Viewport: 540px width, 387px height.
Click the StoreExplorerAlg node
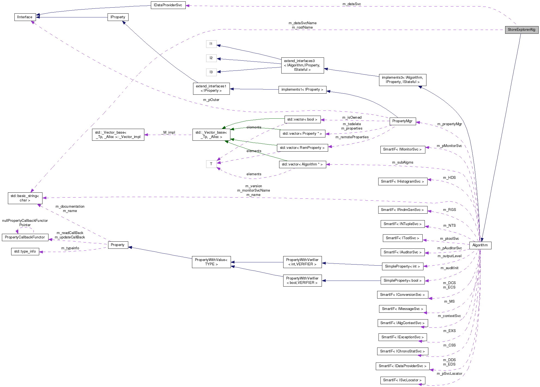coord(521,30)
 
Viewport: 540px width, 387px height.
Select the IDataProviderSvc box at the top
coord(168,5)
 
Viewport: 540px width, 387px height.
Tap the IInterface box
coord(25,17)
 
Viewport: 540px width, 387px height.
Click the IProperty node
coord(118,17)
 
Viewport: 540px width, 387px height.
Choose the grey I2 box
coord(211,58)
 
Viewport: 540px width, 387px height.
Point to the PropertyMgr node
coord(402,121)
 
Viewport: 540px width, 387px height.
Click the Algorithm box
coord(480,245)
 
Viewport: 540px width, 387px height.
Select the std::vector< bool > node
coord(302,119)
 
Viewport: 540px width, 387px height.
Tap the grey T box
coord(211,164)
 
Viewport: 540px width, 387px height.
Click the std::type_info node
coord(25,251)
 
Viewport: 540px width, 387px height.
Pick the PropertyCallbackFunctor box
coord(25,237)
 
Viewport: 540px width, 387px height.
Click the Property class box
coord(118,245)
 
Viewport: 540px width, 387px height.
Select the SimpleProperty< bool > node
coord(402,281)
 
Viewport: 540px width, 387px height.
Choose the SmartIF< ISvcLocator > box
coord(402,380)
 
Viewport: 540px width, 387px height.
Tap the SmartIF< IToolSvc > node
coord(402,238)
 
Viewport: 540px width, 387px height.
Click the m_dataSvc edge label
coord(352,4)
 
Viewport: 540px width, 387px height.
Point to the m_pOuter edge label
coord(211,100)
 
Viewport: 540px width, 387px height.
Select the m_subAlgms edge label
coord(402,162)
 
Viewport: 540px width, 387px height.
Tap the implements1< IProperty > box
coord(302,90)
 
